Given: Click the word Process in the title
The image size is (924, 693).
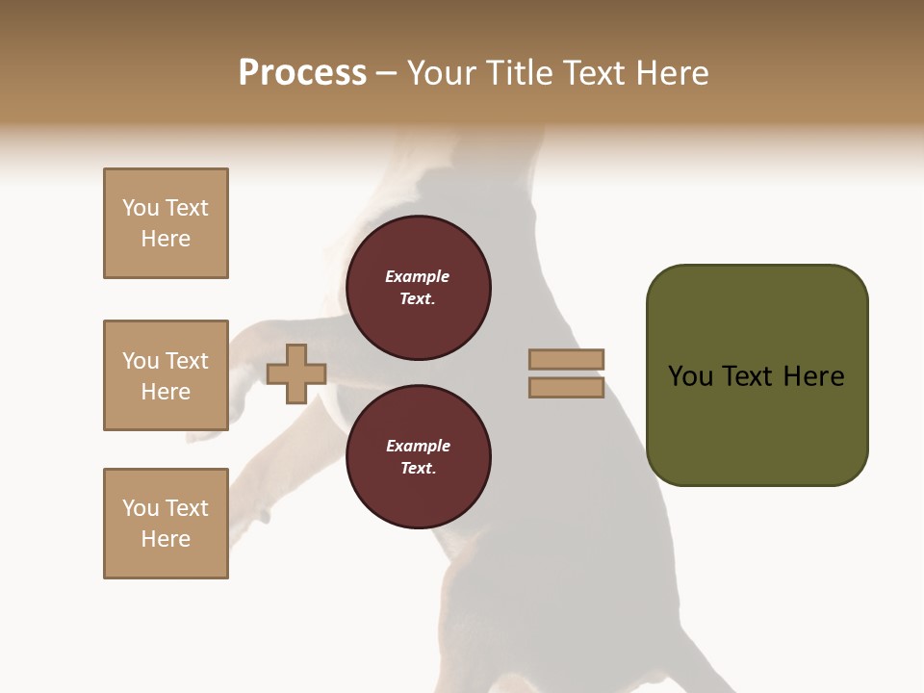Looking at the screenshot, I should pos(302,73).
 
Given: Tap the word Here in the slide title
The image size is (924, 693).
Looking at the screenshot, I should pos(672,73).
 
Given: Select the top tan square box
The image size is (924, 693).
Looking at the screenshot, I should pos(166,223).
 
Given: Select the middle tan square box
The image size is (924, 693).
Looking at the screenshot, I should pos(166,375).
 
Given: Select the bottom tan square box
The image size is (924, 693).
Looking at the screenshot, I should pos(166,524).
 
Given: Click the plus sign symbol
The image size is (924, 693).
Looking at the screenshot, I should pos(296,374).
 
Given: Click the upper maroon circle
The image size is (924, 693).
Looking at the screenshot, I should pos(418,288).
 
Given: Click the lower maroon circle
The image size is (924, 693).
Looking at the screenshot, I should pos(418,457).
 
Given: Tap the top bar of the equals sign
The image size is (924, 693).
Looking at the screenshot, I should pos(566,360).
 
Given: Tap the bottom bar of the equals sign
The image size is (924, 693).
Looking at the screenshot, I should pos(566,388).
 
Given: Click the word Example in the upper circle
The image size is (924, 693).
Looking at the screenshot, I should pos(418,277).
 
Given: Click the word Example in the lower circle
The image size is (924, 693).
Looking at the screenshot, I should pos(418,447).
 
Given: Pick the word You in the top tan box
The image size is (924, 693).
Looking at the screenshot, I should pos(141,208).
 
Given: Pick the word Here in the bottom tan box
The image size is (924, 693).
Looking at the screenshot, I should pos(166,539).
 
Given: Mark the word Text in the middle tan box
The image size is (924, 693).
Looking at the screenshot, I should pos(187,361).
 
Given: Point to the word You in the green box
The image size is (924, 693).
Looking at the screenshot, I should pos(690,376).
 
